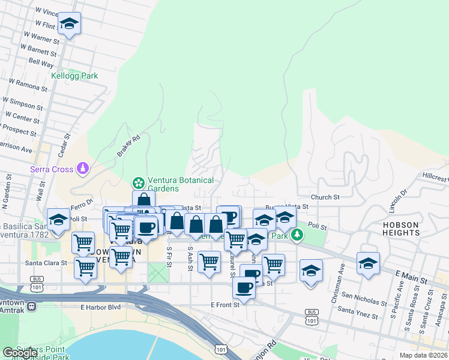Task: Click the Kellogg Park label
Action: pos(74,76)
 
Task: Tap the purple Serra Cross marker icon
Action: pos(83,169)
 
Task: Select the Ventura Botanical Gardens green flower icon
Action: pos(139,182)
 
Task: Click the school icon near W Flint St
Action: pos(69,23)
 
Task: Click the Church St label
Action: pos(325,197)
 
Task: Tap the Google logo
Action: pos(20,353)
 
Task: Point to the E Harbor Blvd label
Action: pos(101,307)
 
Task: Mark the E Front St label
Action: pos(225,305)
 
